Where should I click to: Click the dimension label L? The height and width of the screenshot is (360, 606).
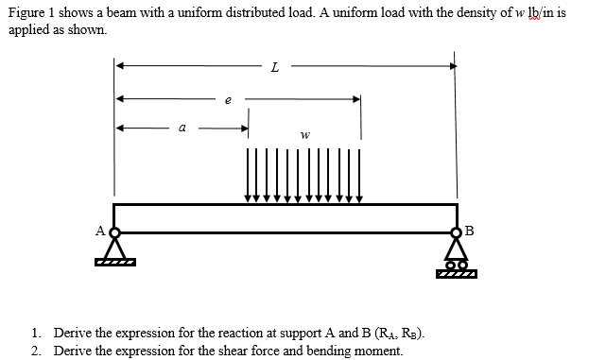click(274, 67)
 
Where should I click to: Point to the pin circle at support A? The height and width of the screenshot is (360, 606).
click(115, 231)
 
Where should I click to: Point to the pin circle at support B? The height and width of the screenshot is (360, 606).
click(456, 231)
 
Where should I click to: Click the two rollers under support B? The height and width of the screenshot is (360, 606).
click(456, 266)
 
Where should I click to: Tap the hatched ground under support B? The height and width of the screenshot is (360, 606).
click(457, 276)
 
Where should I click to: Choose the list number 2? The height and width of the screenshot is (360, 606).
click(35, 351)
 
